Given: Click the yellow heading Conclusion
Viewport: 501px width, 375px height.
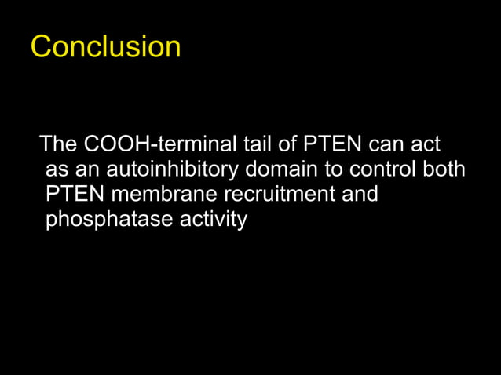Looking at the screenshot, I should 105,47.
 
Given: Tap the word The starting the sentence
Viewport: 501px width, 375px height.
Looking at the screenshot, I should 58,145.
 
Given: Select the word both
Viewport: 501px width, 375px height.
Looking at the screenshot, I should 446,170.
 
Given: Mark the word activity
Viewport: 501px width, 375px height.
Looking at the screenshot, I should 214,220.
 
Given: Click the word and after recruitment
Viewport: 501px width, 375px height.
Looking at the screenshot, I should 360,195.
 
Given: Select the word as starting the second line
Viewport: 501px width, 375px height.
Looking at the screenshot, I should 57,170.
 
